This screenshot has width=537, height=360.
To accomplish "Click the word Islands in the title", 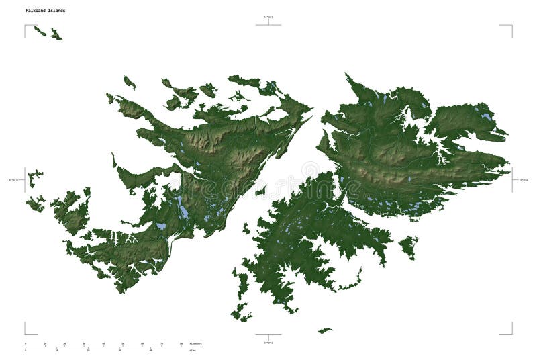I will pos(57,11).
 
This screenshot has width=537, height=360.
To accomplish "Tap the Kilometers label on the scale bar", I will pos(195,344).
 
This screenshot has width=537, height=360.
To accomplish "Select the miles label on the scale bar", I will pos(193,349).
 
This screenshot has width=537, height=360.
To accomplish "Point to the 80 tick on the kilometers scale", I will pos(181,344).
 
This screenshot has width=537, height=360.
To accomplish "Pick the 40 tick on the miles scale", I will pos(152,349).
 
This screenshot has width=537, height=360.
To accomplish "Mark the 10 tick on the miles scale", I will pos(57,349).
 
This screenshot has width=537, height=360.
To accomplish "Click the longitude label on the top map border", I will pos(268,17).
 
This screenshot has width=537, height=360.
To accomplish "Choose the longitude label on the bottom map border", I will pos(268,342).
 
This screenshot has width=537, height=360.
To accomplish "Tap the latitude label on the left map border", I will pos(14,180).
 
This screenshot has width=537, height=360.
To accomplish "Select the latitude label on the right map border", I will pos(523,180).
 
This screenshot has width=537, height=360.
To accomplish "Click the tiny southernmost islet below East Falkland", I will pos(325,330).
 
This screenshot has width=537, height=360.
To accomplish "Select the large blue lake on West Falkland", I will pos(183,210).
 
